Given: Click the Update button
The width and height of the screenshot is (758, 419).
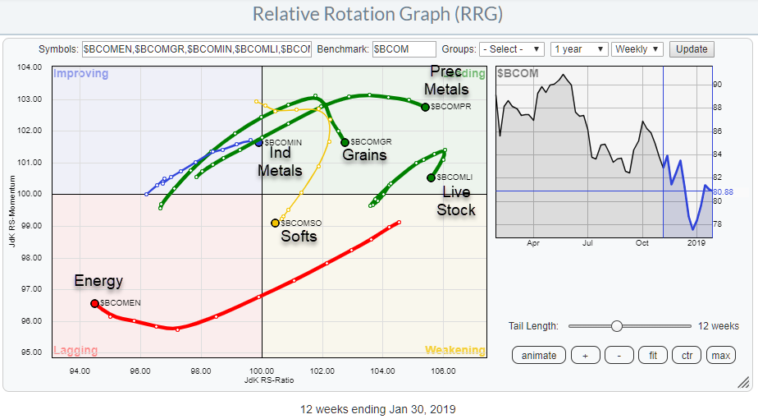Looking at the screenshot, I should [x=692, y=49].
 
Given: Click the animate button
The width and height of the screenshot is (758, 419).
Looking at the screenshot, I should [x=538, y=355].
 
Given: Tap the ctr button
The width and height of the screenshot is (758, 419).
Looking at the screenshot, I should [x=687, y=355].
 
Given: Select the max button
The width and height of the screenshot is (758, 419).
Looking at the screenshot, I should [x=721, y=355].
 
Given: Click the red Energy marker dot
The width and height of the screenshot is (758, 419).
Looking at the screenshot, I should [x=94, y=303].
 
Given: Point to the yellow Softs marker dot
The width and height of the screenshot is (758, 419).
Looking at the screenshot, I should [x=275, y=223].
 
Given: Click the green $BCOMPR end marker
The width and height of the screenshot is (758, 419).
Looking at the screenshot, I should [x=425, y=107].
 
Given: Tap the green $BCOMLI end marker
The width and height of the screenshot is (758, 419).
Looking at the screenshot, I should [x=431, y=177].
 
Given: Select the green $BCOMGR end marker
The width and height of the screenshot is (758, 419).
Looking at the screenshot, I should [x=345, y=142].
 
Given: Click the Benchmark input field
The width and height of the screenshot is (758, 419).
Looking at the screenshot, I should [x=404, y=49].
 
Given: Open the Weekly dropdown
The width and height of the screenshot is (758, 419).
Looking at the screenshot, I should [x=637, y=49].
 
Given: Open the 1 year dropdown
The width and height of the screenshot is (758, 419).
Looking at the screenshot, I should [x=579, y=49].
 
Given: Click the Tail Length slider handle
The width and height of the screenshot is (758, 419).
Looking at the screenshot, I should [x=616, y=326].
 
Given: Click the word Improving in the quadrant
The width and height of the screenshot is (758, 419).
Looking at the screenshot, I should [x=80, y=74].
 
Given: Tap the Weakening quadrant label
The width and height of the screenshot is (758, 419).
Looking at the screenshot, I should [x=454, y=350].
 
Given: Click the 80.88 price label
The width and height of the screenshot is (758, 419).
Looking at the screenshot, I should [x=725, y=191].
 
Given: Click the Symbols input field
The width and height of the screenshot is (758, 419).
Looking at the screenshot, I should [x=196, y=49].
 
